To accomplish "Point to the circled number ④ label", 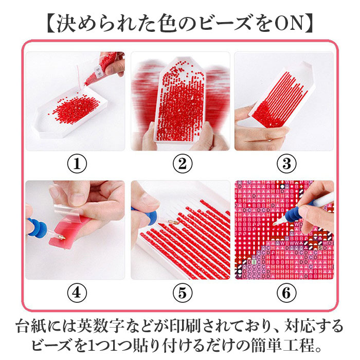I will pos(77,293).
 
